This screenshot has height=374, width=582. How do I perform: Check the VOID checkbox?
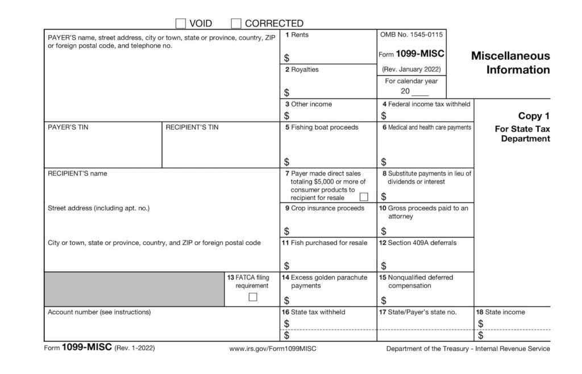click(181, 23)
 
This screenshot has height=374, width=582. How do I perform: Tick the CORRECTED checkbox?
click(236, 23)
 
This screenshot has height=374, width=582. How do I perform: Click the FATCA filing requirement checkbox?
click(253, 297)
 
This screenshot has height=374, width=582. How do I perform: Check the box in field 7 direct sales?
click(364, 197)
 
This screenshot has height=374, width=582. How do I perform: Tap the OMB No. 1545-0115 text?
click(411, 35)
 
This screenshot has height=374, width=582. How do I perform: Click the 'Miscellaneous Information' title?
click(510, 63)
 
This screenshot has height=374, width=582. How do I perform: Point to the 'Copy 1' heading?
click(534, 116)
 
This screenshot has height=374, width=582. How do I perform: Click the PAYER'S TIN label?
click(68, 127)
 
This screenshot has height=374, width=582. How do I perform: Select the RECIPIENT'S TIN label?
click(192, 127)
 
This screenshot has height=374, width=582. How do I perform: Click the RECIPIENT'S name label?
click(77, 173)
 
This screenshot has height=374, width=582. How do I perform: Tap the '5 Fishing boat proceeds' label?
click(322, 127)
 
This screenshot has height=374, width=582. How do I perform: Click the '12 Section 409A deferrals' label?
click(418, 243)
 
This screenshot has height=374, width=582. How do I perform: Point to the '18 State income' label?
click(501, 312)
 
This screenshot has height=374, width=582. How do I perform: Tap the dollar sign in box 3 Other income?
click(286, 116)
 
